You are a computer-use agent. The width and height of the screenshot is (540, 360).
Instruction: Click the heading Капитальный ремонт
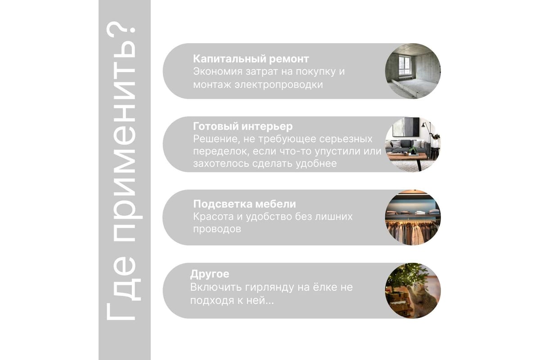251,59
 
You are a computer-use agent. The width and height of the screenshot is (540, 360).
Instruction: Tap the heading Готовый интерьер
243,126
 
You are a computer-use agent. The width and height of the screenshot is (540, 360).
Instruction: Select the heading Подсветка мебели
244,204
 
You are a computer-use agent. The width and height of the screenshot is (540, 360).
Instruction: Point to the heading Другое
210,274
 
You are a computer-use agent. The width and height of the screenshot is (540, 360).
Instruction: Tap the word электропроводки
279,85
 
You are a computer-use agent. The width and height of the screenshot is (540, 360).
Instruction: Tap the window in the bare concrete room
404,66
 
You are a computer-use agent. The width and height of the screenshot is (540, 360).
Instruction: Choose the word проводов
217,229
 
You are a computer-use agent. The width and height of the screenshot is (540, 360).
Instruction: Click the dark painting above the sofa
411,127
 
